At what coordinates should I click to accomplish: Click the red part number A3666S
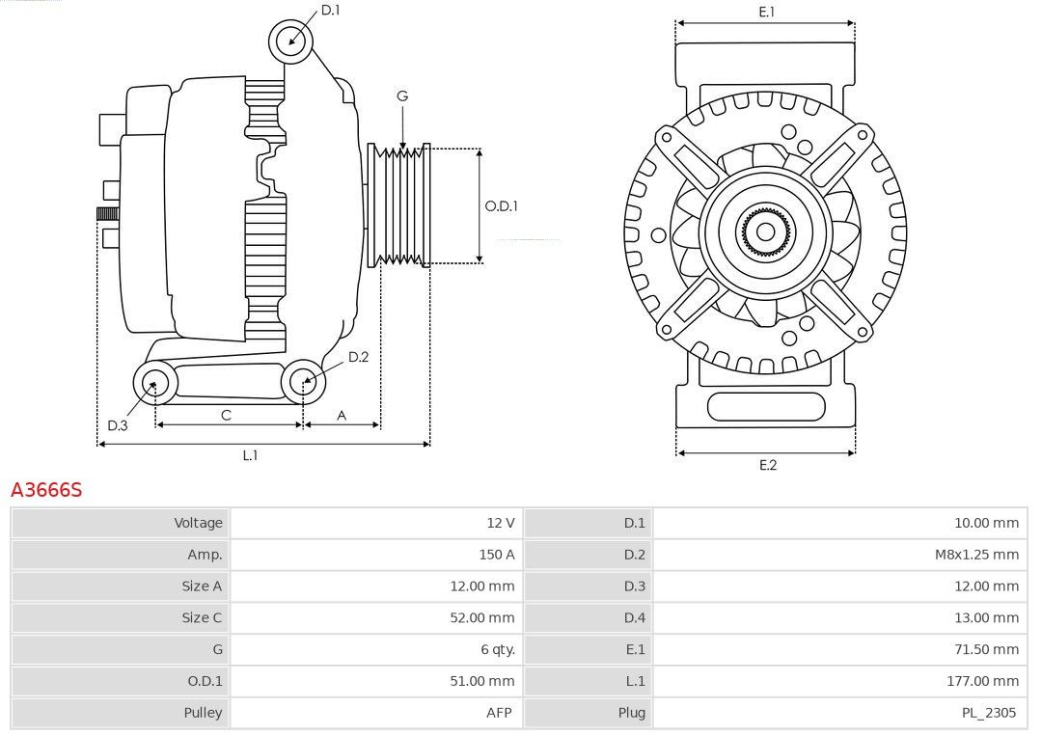(x=46, y=490)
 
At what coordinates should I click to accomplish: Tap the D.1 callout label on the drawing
(x=330, y=10)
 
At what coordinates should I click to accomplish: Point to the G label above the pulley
(x=402, y=96)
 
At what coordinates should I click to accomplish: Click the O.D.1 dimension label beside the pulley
(x=501, y=206)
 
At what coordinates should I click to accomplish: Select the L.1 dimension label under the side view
(x=250, y=455)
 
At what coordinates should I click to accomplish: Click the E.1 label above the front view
(x=767, y=12)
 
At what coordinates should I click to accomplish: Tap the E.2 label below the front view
(x=768, y=465)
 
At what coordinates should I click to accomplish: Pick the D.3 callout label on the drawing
(x=118, y=425)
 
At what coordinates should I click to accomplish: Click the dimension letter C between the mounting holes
(x=226, y=416)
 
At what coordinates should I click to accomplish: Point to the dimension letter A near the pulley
(x=342, y=416)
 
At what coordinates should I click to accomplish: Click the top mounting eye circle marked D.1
(x=290, y=41)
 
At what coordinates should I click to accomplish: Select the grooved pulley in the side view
(x=398, y=205)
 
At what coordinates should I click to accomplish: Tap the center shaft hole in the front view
(x=765, y=231)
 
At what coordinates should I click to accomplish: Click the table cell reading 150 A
(x=497, y=555)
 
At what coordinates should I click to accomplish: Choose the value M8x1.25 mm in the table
(x=976, y=555)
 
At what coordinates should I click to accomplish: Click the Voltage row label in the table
(x=198, y=523)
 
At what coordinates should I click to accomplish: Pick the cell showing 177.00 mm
(x=982, y=681)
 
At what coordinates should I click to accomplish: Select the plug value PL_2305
(x=989, y=713)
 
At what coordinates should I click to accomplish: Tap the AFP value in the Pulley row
(x=499, y=713)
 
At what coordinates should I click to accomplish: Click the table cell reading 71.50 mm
(x=986, y=649)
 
